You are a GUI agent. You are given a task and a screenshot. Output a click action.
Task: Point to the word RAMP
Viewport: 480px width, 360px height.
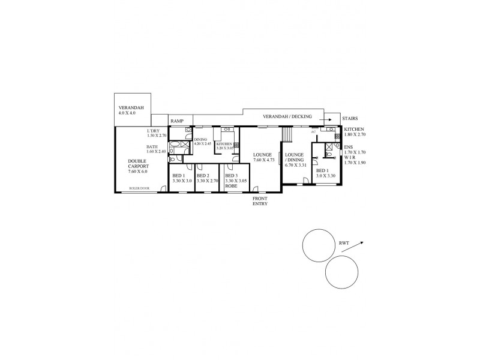tap(177, 121)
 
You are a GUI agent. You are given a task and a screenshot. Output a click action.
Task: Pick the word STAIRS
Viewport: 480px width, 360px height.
tap(350, 119)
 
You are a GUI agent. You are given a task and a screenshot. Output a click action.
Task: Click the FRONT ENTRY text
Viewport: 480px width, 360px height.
tap(259, 201)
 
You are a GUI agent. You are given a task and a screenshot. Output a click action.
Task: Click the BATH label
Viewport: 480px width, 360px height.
tap(152, 146)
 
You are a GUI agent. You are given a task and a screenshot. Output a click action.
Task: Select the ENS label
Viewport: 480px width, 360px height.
tap(348, 148)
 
